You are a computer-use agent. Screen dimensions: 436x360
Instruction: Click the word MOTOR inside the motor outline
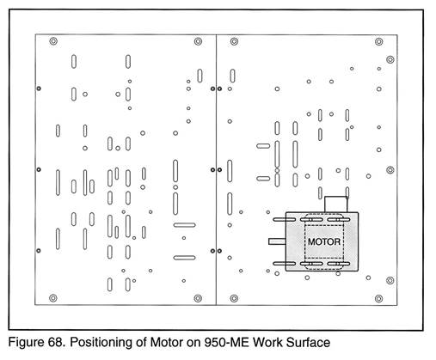[324, 241]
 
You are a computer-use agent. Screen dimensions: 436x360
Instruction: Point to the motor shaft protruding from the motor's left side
[277, 241]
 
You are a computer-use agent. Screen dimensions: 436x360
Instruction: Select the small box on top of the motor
[335, 204]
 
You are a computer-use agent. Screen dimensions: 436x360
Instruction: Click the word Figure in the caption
[26, 343]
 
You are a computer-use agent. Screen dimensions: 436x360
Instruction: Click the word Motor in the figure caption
[167, 343]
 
